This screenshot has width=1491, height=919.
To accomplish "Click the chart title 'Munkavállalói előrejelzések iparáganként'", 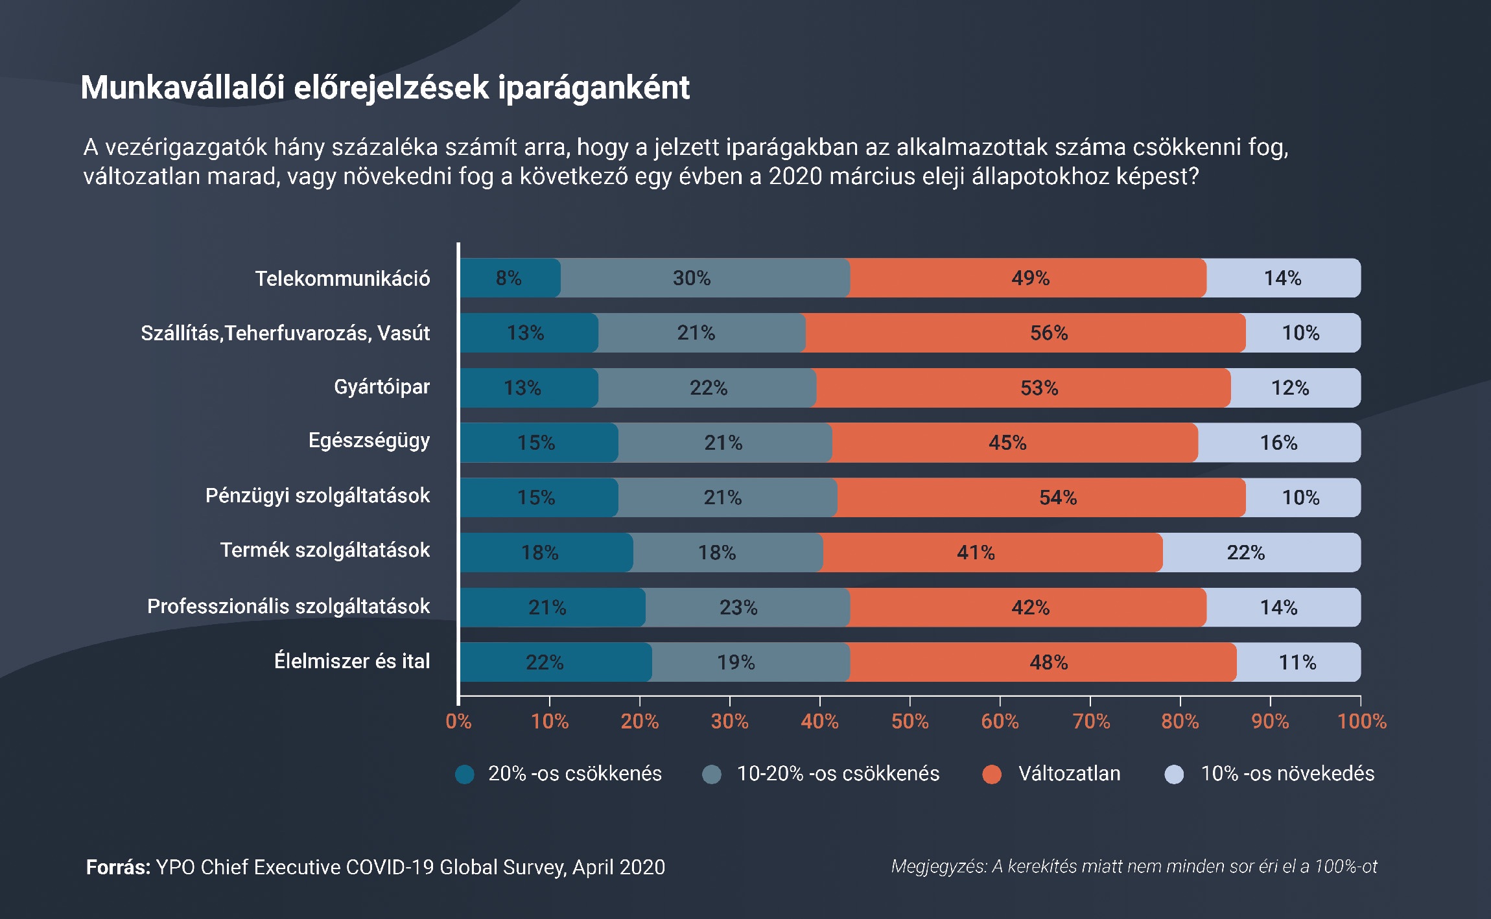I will click(385, 88).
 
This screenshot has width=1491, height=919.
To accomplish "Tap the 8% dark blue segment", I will click(510, 278).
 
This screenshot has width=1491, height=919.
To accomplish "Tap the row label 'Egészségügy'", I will click(369, 441).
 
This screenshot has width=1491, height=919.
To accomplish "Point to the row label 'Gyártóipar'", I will click(382, 387).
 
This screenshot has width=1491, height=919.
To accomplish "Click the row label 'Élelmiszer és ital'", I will click(352, 661).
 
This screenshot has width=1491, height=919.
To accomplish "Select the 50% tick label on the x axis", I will click(910, 721).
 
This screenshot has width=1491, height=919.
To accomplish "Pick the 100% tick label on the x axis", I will click(1361, 721).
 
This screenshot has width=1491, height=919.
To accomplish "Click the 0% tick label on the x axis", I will click(458, 721).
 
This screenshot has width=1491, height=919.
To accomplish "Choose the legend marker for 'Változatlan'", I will click(992, 774).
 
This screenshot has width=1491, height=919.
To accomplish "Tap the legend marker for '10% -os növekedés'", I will click(1174, 774).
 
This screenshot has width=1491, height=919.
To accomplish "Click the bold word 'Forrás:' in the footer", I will click(118, 867).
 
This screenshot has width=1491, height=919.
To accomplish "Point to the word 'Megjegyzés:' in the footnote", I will click(939, 867).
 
